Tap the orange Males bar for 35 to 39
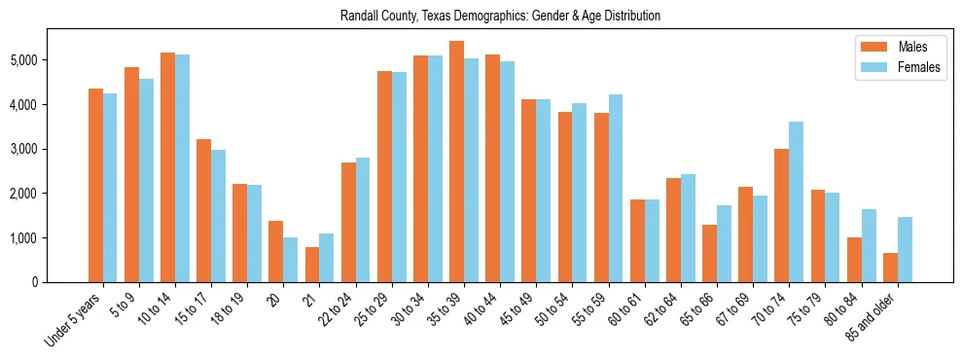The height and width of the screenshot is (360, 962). click(456, 162)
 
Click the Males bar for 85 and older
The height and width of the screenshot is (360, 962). click(890, 268)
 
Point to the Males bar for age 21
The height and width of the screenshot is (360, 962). click(312, 265)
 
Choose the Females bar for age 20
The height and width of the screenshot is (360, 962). click(290, 260)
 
